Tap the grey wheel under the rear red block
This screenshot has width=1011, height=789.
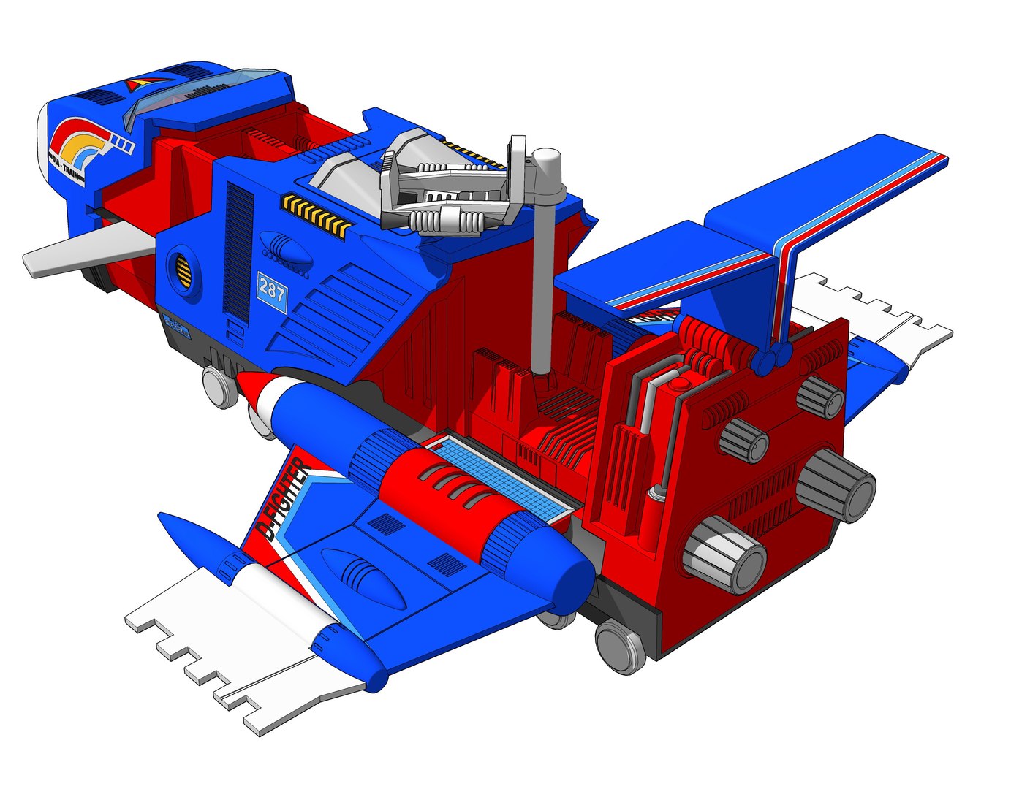tap(621, 646)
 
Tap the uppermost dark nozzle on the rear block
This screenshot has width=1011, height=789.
tap(821, 397)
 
